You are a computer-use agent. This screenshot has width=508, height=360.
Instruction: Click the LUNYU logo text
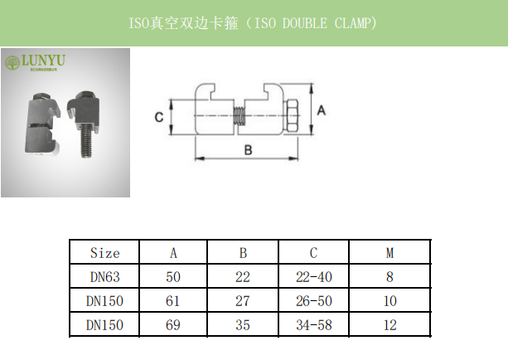[41, 61]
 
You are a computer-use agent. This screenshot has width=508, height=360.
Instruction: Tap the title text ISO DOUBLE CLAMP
[254, 22]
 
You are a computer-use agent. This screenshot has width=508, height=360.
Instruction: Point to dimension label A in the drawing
[322, 109]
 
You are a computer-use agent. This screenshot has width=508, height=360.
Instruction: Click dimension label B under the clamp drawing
[247, 149]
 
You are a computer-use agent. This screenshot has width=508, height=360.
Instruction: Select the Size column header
[104, 253]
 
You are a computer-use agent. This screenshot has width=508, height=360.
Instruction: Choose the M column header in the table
[389, 253]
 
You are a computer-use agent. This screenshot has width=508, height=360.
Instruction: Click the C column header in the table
[314, 253]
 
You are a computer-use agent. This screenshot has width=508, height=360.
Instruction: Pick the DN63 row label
[104, 277]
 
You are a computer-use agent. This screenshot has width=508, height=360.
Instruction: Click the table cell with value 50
[172, 277]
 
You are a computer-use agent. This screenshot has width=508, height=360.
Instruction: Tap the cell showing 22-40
[314, 277]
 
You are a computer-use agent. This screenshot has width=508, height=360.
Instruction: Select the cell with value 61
[172, 301]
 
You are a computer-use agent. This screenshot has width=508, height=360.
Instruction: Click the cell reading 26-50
[314, 301]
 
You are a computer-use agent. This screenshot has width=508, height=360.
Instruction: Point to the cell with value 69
[172, 325]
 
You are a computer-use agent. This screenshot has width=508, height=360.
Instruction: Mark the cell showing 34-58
[314, 325]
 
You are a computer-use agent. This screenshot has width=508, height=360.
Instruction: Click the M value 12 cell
[389, 325]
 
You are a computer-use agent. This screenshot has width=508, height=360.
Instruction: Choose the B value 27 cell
[243, 301]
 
